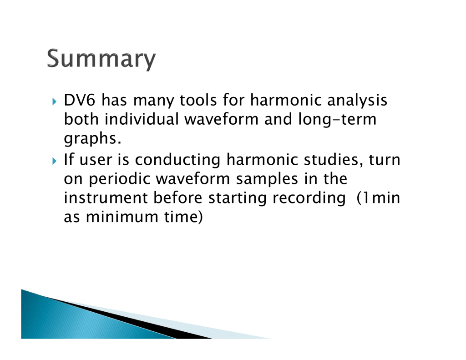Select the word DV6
[80, 100]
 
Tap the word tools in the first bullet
[198, 100]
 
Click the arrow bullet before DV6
[54, 101]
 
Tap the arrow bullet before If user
[54, 161]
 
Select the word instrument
[106, 198]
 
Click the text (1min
[378, 198]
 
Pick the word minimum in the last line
[122, 217]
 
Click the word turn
[385, 160]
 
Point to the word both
[81, 119]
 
